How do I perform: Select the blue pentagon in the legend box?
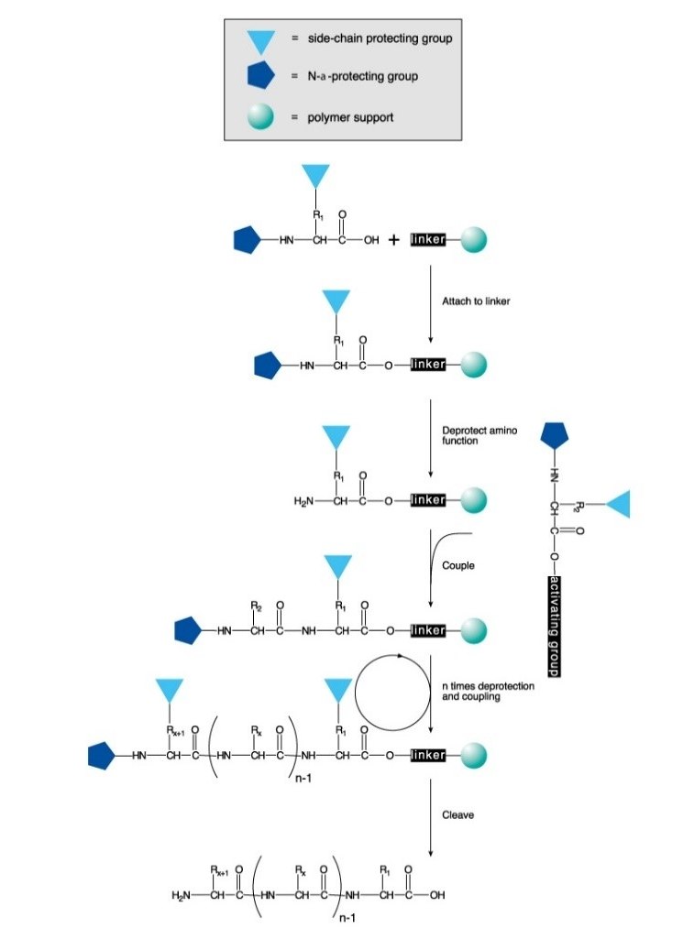tap(261, 78)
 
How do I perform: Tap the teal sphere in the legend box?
tap(261, 116)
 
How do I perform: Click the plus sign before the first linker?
tap(393, 240)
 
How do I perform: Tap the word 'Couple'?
tap(458, 565)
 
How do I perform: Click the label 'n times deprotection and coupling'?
tap(488, 691)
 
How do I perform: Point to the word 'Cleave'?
tap(458, 813)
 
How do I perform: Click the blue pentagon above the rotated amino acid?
tap(556, 436)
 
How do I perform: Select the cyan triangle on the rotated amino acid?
tap(618, 503)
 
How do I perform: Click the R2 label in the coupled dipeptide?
tap(256, 606)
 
